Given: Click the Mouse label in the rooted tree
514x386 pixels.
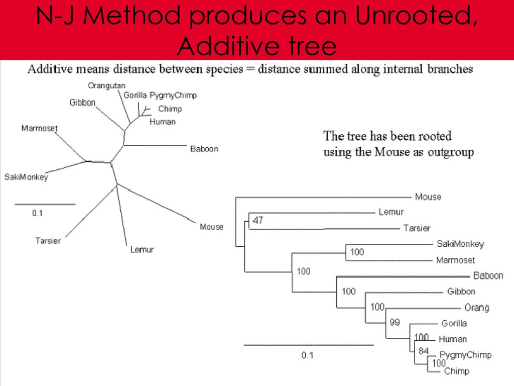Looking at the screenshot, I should (428, 197).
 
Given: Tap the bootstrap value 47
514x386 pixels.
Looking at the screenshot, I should (258, 220).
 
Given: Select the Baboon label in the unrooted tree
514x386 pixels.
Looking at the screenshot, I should (204, 149).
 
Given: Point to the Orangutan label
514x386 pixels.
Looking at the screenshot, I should (106, 85).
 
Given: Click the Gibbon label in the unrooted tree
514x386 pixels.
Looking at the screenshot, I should (82, 103).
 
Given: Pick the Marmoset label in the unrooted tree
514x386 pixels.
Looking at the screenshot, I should (39, 128).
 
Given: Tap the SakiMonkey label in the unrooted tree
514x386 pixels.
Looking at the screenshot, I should (26, 177).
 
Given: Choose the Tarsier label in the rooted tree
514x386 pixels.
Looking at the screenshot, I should (417, 228).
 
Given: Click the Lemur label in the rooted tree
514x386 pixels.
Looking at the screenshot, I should (391, 212).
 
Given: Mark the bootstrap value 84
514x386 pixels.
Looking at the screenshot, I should (424, 351).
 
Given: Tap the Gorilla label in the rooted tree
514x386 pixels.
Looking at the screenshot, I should (454, 323).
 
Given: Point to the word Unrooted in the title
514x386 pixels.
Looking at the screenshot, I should (415, 16).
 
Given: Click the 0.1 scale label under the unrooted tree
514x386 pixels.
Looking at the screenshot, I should (38, 213).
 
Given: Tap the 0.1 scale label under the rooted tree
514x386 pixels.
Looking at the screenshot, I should (307, 355).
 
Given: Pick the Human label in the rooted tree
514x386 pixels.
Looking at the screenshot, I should (452, 339).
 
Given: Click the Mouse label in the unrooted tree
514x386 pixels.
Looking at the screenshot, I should (211, 227).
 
